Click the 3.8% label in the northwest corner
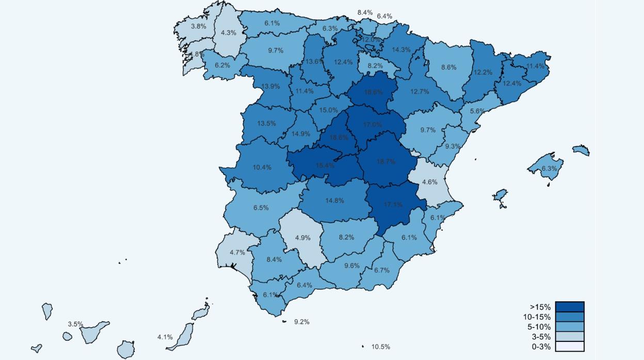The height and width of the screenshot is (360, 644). [198, 26]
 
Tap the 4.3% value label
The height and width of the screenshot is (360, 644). [229, 33]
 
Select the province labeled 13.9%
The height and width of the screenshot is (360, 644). [271, 86]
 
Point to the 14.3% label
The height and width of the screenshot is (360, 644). [401, 50]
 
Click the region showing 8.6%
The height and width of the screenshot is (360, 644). [448, 68]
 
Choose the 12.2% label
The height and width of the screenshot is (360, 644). [483, 73]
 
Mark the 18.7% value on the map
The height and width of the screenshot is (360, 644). [386, 162]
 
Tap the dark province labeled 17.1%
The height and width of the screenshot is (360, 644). [393, 205]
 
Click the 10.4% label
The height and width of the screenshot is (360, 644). [262, 168]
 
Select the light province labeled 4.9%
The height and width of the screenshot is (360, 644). [303, 238]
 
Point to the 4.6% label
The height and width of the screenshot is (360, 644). [429, 182]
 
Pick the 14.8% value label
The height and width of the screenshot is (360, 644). [334, 201]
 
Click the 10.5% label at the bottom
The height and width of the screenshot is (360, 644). [381, 347]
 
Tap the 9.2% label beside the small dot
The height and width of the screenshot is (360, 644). [302, 322]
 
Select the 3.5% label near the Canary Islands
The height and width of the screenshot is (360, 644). [75, 324]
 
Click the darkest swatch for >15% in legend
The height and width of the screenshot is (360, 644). [570, 307]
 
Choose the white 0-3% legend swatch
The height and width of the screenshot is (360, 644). [570, 347]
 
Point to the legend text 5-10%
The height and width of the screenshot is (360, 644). [541, 327]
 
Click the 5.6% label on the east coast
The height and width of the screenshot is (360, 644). [477, 111]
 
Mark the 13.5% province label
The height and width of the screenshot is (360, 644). [266, 124]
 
